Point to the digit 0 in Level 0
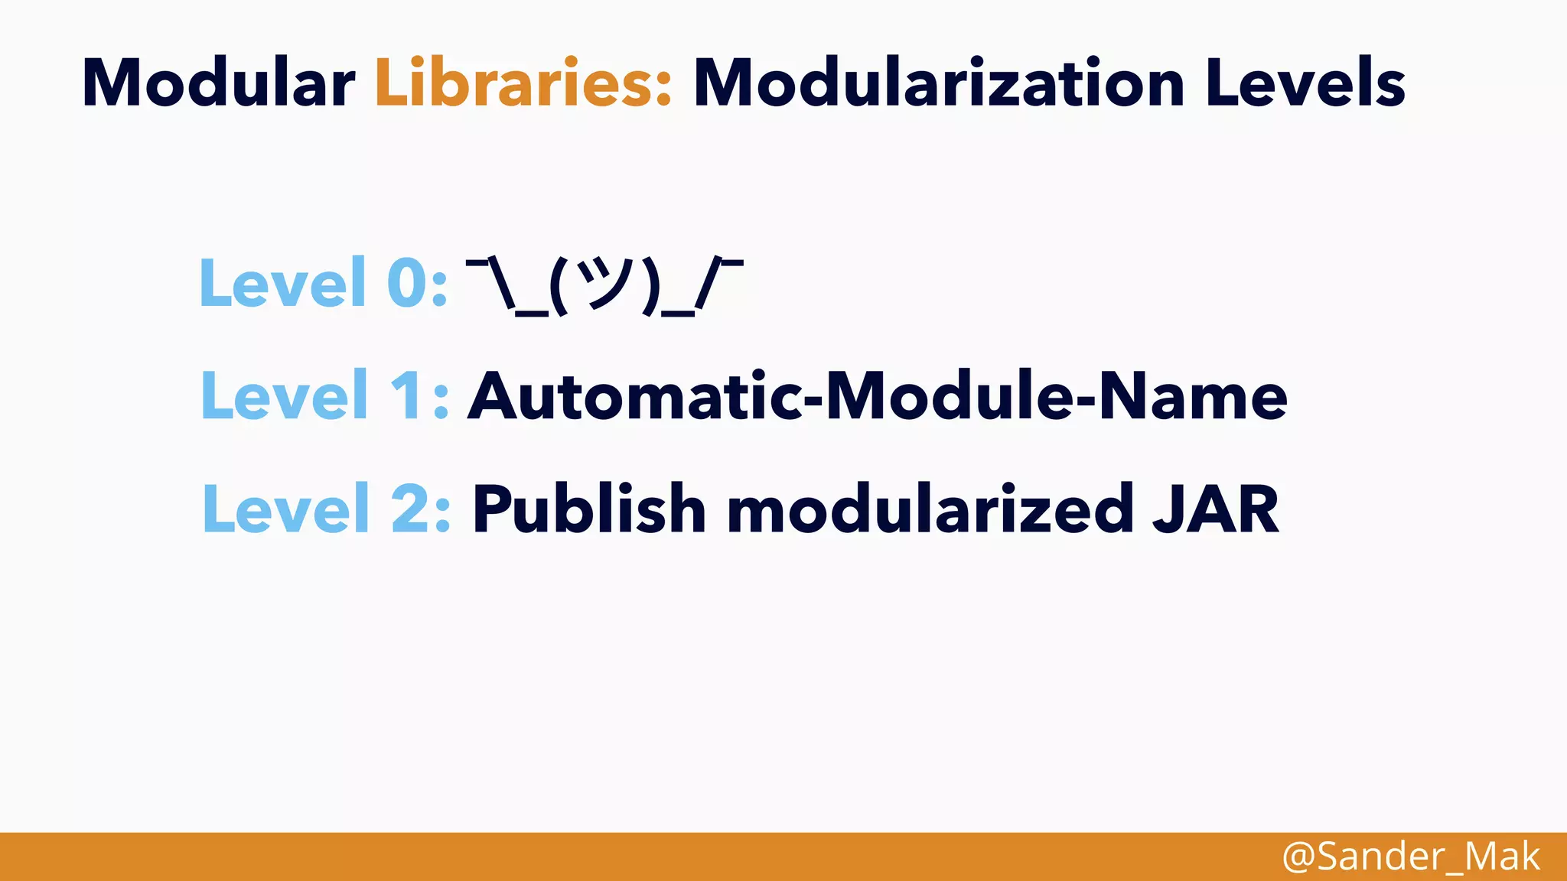click(407, 283)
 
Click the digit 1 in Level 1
click(409, 396)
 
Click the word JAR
click(1216, 509)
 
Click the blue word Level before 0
click(282, 283)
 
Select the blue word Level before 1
click(285, 396)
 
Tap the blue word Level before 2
click(286, 509)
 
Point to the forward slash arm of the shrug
click(708, 284)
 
